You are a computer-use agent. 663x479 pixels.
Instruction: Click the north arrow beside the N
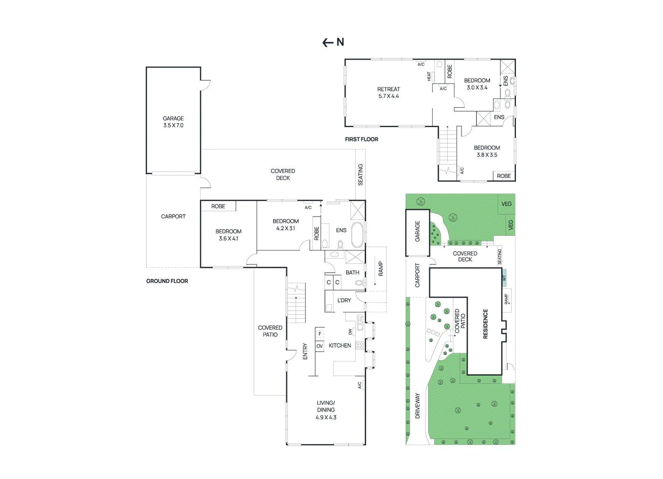click(328, 42)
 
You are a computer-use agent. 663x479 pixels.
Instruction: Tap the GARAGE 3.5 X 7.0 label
click(173, 122)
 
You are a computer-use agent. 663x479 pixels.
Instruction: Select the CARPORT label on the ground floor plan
click(173, 217)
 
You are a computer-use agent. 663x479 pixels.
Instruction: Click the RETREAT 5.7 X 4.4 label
click(389, 93)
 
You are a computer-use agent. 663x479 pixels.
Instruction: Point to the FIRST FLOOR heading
click(361, 140)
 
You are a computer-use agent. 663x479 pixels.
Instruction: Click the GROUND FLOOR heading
click(167, 281)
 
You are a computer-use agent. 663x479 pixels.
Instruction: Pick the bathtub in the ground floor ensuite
click(357, 235)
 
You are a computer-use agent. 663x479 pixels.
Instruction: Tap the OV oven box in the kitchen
click(319, 346)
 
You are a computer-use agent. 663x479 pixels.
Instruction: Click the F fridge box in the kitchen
click(320, 333)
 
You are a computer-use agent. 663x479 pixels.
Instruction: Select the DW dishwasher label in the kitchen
click(350, 332)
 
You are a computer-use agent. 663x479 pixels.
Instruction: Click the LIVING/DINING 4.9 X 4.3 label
click(326, 410)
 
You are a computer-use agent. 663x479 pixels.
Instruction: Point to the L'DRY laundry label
click(344, 301)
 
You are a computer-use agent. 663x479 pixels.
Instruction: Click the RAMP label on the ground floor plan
click(380, 269)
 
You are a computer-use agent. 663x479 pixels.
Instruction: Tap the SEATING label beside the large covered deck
click(361, 174)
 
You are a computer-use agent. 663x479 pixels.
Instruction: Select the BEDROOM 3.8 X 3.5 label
click(487, 151)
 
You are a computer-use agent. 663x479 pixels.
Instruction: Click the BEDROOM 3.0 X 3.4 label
click(477, 84)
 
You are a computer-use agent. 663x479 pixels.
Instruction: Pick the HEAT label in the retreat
click(429, 77)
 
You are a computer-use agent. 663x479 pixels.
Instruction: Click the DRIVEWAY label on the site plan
click(417, 406)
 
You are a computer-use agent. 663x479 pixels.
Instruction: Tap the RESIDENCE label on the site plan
click(485, 324)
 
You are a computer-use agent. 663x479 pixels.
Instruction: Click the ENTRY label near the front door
click(305, 351)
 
